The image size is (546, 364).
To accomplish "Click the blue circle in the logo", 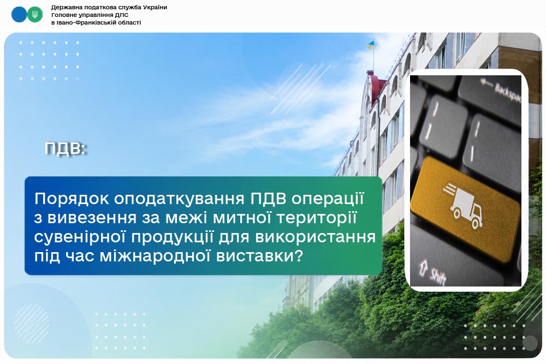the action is [19, 15].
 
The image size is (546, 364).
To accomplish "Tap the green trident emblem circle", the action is [34, 15].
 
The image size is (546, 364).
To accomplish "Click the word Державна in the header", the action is [66, 8].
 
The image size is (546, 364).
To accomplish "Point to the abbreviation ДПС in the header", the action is [122, 15].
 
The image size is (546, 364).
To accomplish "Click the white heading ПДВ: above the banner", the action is [66, 148].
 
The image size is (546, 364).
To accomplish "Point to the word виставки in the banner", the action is [254, 256].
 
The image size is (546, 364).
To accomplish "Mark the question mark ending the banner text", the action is [299, 256].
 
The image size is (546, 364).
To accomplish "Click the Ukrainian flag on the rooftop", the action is [371, 45].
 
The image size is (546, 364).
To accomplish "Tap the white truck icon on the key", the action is [463, 205].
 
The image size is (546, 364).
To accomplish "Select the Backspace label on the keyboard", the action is [508, 92].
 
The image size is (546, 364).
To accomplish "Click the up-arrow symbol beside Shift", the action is [424, 267].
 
